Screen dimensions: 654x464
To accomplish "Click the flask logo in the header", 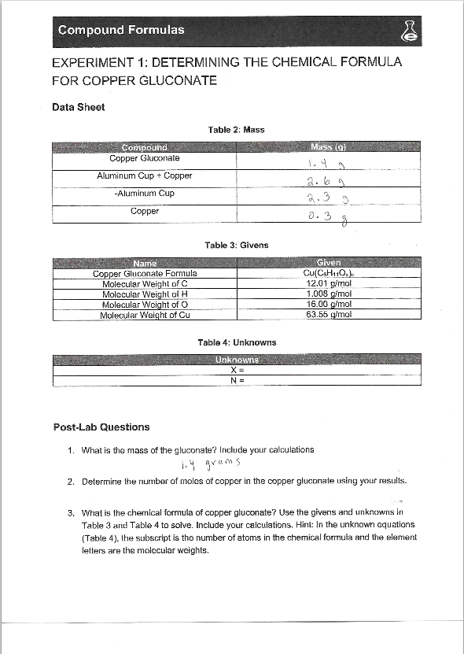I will [409, 31].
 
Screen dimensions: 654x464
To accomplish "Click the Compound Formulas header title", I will [120, 30].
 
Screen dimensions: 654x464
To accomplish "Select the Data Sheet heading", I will [78, 107].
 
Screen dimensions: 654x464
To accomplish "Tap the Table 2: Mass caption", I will [236, 129].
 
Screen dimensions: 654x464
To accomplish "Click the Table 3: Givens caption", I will [236, 245].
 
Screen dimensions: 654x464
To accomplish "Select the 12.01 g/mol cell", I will [326, 284].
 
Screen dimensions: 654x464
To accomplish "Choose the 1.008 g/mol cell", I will [326, 294].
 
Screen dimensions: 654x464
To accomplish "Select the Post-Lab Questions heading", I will [101, 427].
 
